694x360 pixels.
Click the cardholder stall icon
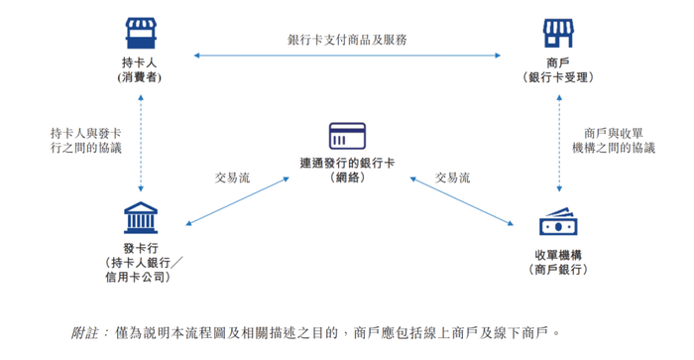(141, 33)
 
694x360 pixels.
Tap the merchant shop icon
(556, 33)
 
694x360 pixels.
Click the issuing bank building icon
(140, 218)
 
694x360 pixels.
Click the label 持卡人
(141, 61)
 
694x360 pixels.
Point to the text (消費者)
(141, 76)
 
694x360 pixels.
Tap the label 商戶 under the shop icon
(556, 61)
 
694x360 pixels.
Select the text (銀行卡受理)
(556, 76)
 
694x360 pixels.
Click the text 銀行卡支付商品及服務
(347, 40)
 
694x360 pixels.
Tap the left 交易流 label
(233, 178)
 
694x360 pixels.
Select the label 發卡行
(140, 247)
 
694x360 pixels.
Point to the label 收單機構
(558, 254)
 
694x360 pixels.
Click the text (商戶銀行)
(558, 269)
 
